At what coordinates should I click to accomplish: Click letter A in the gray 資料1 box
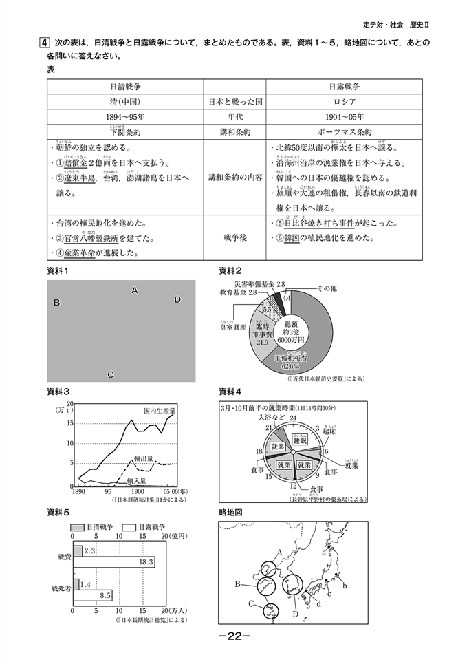[135, 291]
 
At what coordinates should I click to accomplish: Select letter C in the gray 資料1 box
[110, 374]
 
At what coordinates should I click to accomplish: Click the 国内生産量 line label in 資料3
[160, 410]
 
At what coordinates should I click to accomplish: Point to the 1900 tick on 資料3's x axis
[138, 493]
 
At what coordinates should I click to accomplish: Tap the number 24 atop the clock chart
[293, 418]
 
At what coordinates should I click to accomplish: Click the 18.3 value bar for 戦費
[113, 562]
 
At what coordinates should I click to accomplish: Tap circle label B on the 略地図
[237, 584]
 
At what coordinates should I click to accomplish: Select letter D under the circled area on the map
[295, 614]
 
